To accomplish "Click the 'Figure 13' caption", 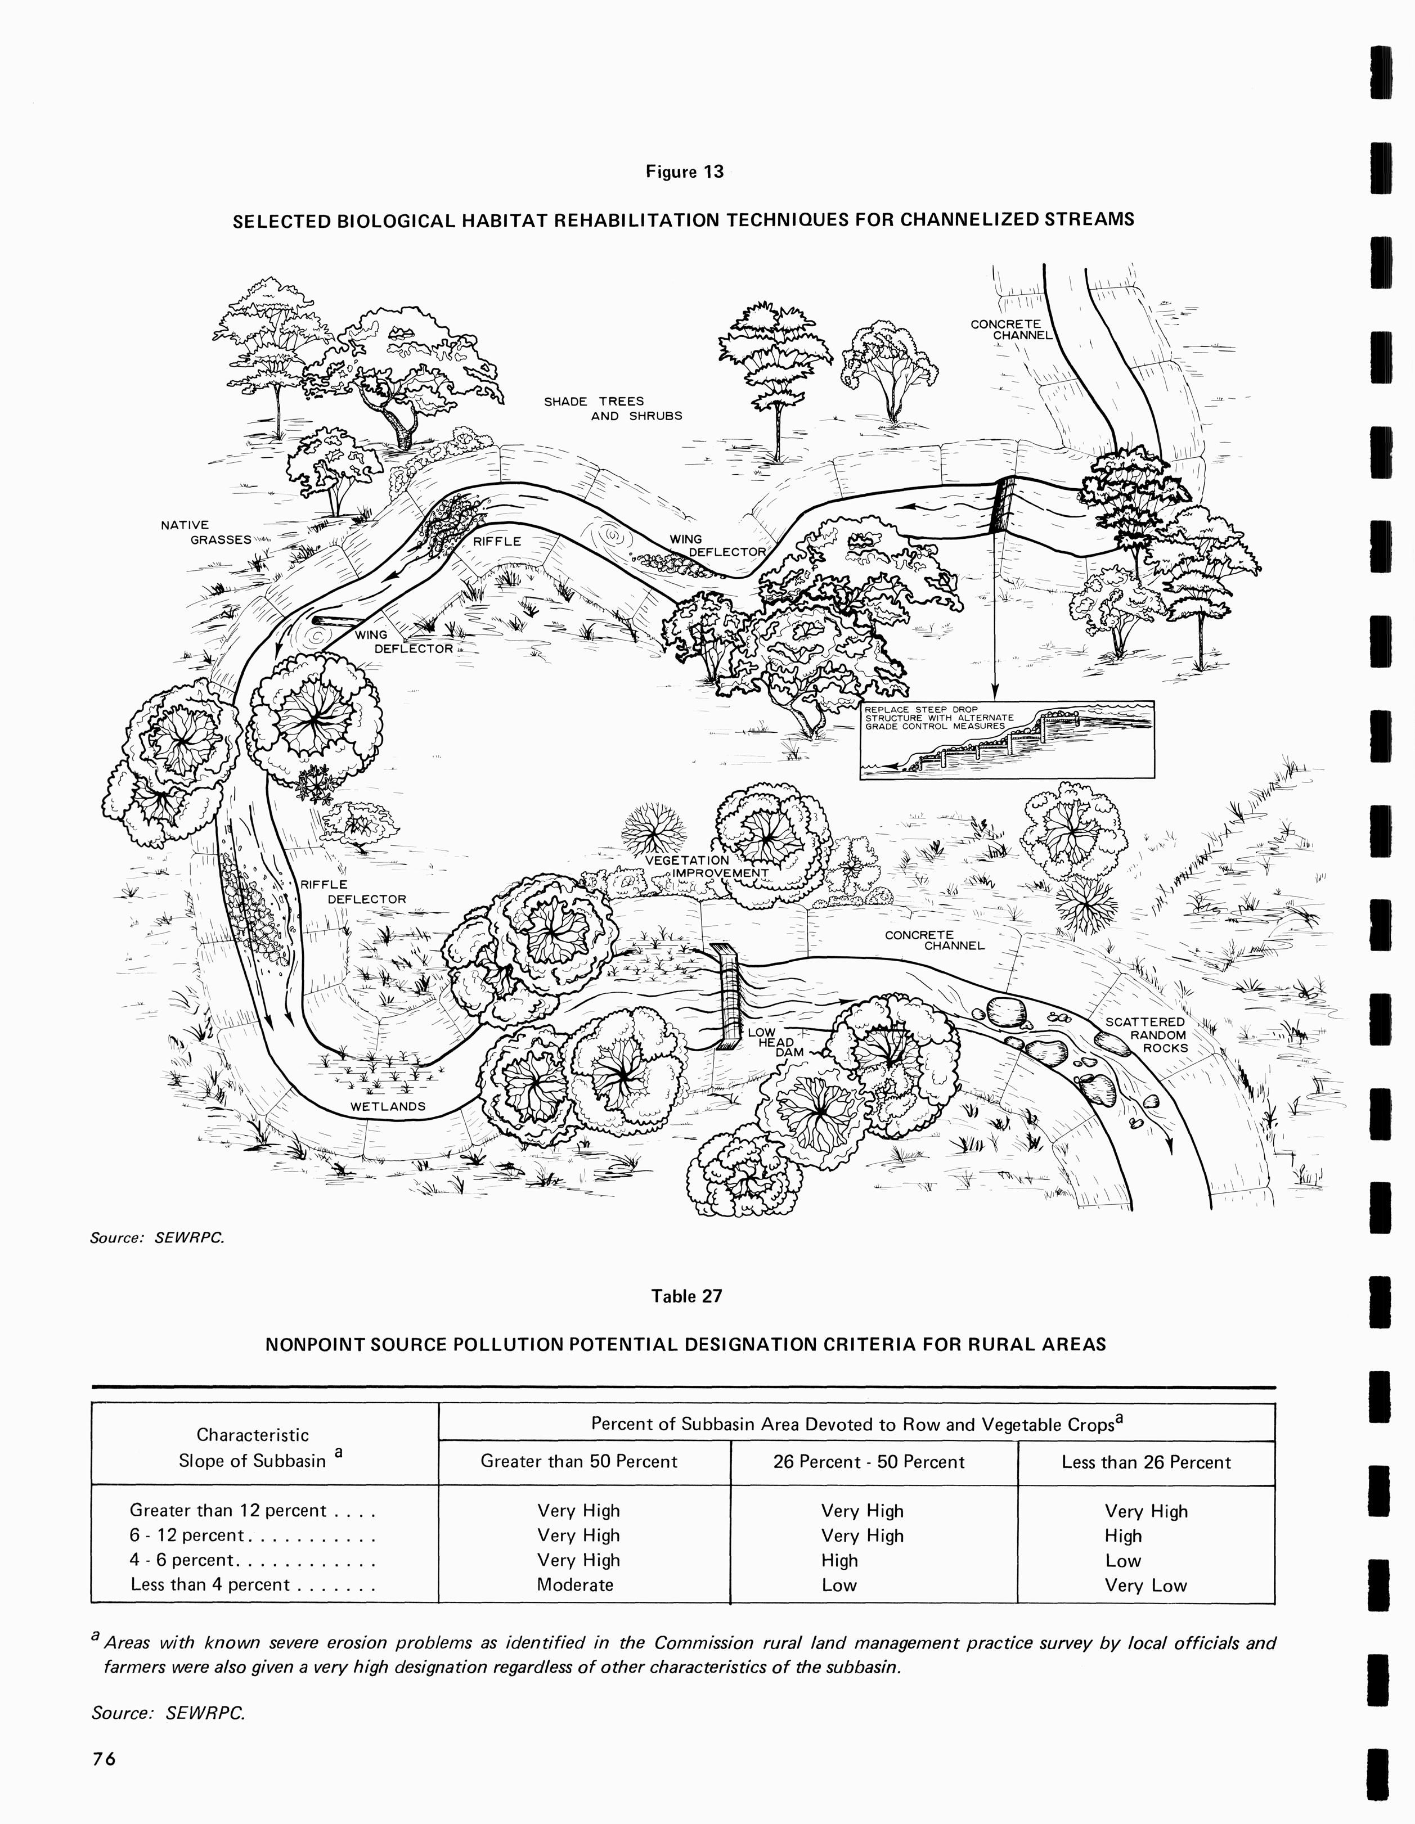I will click(x=684, y=172).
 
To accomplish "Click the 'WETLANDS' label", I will click(x=388, y=1106).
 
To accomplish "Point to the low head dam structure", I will click(x=729, y=996).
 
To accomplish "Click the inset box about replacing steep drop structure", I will click(x=1007, y=740).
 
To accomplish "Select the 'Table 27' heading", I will click(x=686, y=1296).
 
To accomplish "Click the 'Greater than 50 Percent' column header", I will click(x=579, y=1462).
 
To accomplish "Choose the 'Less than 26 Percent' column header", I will click(x=1146, y=1462).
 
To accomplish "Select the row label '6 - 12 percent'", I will click(x=187, y=1535).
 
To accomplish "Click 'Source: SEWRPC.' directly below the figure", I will click(x=157, y=1238).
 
